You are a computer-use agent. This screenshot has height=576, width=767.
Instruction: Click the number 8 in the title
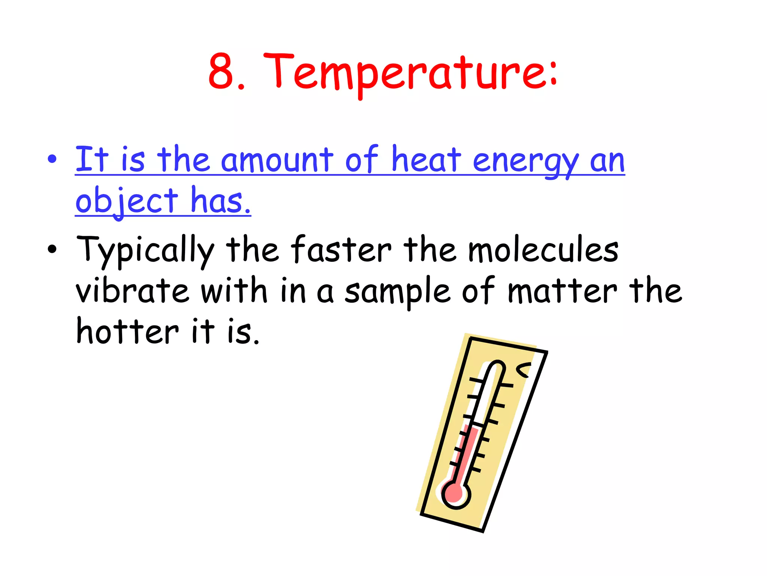click(x=222, y=72)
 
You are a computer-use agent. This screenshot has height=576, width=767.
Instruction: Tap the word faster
click(x=341, y=249)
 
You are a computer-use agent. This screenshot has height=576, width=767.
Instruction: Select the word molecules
click(x=543, y=249)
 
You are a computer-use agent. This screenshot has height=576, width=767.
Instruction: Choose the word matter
click(x=562, y=291)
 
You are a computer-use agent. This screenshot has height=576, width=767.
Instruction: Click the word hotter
click(x=128, y=331)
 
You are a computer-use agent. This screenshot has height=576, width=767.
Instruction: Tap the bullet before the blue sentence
click(x=52, y=159)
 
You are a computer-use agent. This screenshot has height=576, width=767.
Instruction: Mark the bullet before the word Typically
click(x=52, y=249)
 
